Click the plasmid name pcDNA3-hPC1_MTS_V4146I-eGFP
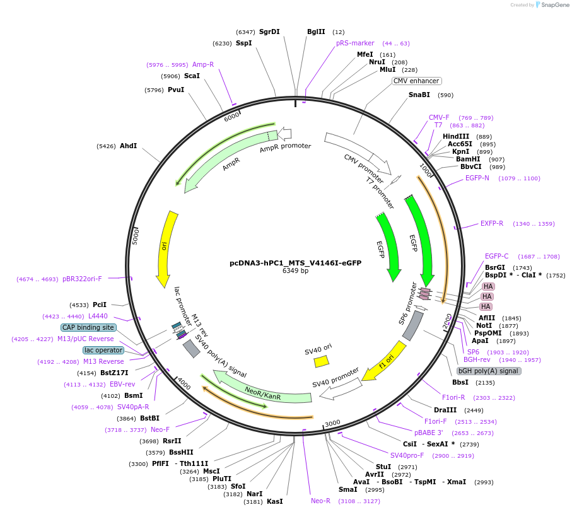295,263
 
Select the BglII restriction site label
316,32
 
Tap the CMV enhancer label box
416,81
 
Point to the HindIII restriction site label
456,136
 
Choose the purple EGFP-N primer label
477,178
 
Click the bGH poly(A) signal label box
489,371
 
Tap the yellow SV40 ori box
322,361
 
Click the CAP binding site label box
88,327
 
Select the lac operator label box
103,350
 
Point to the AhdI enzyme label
128,146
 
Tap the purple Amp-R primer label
203,64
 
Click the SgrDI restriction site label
269,32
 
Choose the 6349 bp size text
295,271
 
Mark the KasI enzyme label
275,501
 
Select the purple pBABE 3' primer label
428,433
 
